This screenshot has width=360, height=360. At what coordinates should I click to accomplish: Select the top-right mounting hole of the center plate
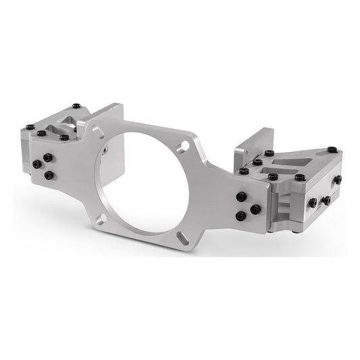183,146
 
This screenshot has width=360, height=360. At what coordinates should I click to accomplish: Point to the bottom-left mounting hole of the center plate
100,217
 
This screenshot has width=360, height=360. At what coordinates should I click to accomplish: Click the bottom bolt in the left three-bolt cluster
49,175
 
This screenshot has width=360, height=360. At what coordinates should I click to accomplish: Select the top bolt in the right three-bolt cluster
241,197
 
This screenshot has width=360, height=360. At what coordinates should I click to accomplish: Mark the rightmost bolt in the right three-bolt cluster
255,209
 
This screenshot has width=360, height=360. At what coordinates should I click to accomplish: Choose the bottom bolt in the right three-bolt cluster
240,215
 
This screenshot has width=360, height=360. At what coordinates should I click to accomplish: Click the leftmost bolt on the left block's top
29,126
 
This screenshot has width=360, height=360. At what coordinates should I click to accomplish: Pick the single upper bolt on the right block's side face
337,180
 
